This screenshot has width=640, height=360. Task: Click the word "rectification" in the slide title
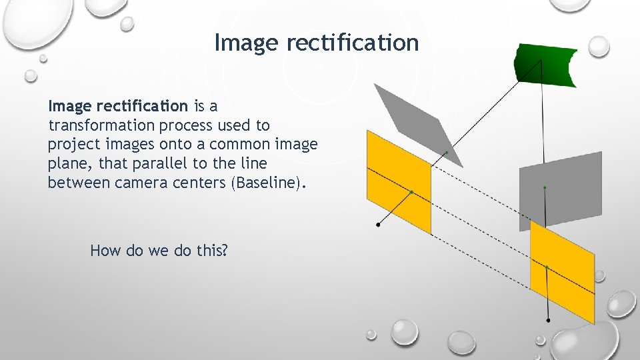point(353,43)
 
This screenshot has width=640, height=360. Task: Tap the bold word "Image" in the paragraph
point(70,106)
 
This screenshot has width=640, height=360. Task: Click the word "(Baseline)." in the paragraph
point(269,183)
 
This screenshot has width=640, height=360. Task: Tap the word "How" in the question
point(105,251)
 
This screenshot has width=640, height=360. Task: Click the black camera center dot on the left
point(379,225)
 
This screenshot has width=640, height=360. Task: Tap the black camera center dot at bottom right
point(548,321)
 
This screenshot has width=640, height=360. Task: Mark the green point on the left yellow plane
point(411,192)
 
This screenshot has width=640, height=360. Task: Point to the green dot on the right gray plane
point(545,188)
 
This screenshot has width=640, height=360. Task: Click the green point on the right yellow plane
point(546,267)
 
